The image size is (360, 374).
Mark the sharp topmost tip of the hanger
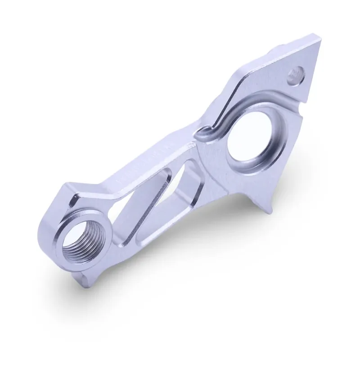(x=320, y=39)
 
